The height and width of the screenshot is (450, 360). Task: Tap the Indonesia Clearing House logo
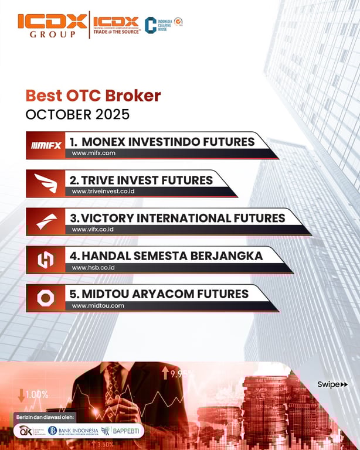tap(164, 25)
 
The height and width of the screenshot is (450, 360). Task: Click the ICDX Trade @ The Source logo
tap(116, 25)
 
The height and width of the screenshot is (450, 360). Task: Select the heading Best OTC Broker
tap(93, 96)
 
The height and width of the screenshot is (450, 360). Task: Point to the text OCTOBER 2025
tap(77, 114)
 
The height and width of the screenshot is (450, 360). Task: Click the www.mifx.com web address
tap(93, 153)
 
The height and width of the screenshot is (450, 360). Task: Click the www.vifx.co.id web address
tap(92, 229)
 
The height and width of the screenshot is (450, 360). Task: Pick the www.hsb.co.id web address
tap(93, 267)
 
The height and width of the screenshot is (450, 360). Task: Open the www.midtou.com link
tap(98, 305)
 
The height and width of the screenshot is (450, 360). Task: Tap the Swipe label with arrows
tap(332, 384)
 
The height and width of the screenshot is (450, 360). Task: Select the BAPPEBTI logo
tap(121, 431)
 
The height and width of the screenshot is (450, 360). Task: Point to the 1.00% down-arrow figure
tap(33, 394)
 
